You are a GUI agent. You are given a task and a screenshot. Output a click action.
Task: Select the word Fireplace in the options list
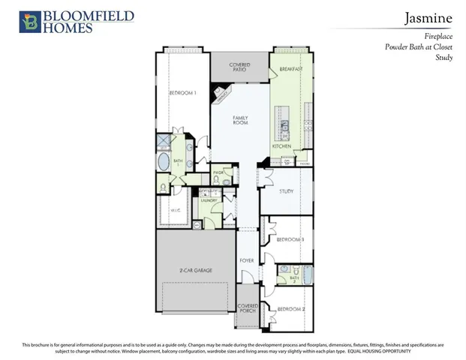coord(437,36)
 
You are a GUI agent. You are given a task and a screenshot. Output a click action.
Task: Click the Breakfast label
coord(290,69)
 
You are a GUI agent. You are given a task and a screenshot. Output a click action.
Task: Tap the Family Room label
coord(240,120)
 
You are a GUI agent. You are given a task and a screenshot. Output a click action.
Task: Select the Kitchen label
coord(281,146)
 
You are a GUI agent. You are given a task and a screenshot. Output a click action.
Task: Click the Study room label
coord(286,191)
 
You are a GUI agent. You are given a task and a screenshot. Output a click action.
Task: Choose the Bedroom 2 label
coord(291,309)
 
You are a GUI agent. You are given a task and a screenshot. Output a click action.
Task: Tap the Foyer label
coord(246,260)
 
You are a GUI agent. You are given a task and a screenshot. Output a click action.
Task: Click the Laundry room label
coord(209,200)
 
